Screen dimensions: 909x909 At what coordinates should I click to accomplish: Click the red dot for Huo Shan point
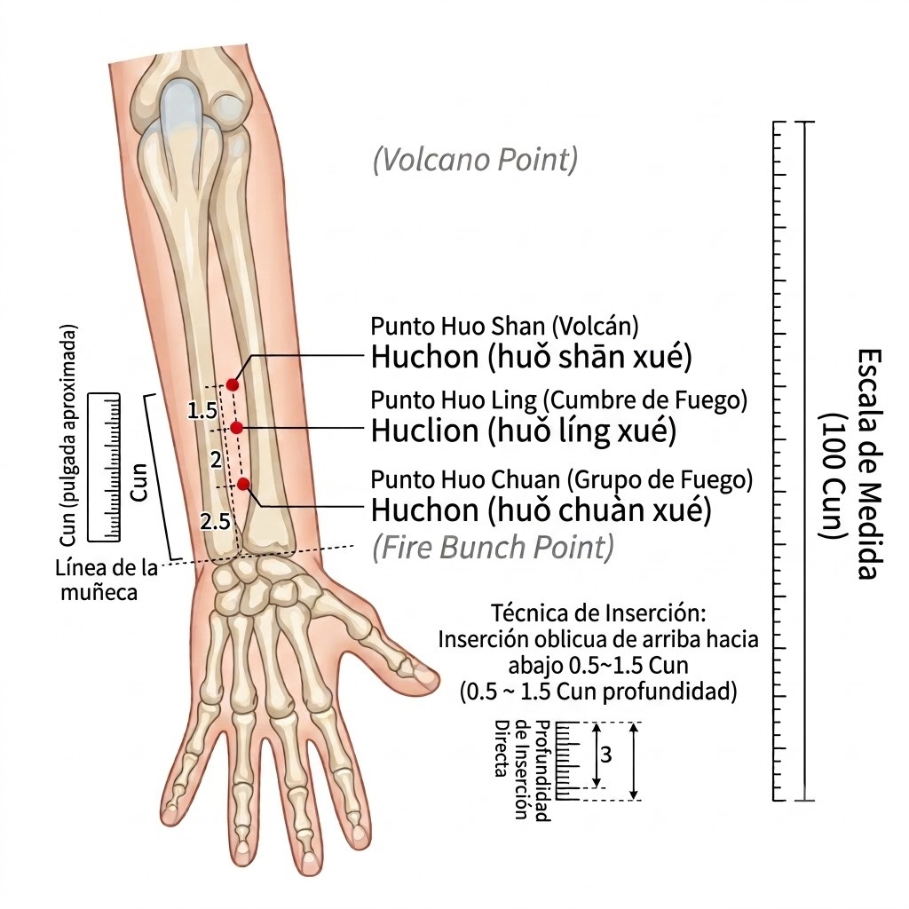point(233,384)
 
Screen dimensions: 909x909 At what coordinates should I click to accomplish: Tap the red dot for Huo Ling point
point(236,428)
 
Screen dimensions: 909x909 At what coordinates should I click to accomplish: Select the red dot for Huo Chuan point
point(243,484)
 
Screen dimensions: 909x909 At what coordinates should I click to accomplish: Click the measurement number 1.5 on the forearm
point(202,410)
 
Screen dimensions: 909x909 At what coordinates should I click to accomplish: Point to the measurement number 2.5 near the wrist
point(215,522)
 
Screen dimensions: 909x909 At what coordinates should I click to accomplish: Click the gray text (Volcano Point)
point(476,160)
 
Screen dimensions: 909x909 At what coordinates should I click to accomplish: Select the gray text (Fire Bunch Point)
point(493,547)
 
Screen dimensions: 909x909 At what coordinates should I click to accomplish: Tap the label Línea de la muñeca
point(107,580)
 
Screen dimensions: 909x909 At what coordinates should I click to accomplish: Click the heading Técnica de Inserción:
point(599,613)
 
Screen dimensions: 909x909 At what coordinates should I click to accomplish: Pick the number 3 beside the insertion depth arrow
point(605,755)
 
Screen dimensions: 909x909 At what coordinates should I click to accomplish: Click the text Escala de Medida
point(870,463)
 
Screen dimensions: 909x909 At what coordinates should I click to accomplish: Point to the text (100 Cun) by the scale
point(834,477)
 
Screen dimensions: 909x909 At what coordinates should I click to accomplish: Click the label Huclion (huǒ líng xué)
point(524,431)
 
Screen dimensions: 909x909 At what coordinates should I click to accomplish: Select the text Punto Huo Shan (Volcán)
point(504,327)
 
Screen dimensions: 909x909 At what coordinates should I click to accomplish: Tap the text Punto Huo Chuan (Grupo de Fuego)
point(562,480)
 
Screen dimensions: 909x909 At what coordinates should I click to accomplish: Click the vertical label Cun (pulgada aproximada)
point(67,435)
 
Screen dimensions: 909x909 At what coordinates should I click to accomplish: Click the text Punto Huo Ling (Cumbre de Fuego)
point(559,400)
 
